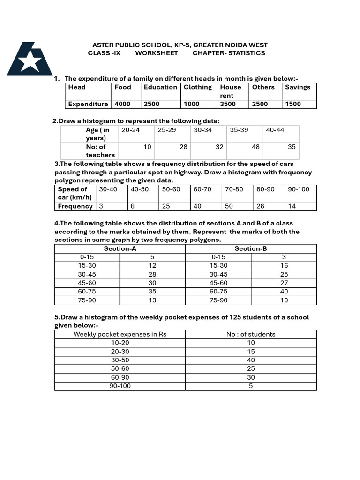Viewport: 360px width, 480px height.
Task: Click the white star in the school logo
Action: click(x=30, y=60)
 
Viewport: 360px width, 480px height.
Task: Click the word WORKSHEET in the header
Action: click(x=157, y=53)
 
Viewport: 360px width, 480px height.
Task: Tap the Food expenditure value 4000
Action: click(x=123, y=104)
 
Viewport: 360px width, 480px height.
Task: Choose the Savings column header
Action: click(x=298, y=87)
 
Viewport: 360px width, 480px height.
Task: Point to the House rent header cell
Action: click(x=231, y=91)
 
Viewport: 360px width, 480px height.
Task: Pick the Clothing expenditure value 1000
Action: click(x=191, y=104)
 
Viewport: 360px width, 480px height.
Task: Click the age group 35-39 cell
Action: click(x=239, y=130)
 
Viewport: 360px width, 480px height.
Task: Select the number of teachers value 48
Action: click(x=255, y=147)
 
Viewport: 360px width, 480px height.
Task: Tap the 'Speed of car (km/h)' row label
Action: click(x=75, y=193)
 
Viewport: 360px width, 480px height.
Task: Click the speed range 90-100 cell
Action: click(x=299, y=189)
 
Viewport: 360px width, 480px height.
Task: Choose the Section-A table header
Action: click(x=120, y=249)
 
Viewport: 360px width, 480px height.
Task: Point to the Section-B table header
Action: click(x=251, y=249)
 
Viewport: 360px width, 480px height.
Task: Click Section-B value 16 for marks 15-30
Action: click(x=284, y=266)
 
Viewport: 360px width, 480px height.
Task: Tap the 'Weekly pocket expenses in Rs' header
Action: click(x=120, y=334)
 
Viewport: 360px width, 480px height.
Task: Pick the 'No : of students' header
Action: click(x=251, y=334)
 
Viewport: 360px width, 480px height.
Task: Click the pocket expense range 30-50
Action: click(x=120, y=360)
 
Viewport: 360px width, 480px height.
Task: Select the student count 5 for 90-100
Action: click(x=251, y=386)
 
